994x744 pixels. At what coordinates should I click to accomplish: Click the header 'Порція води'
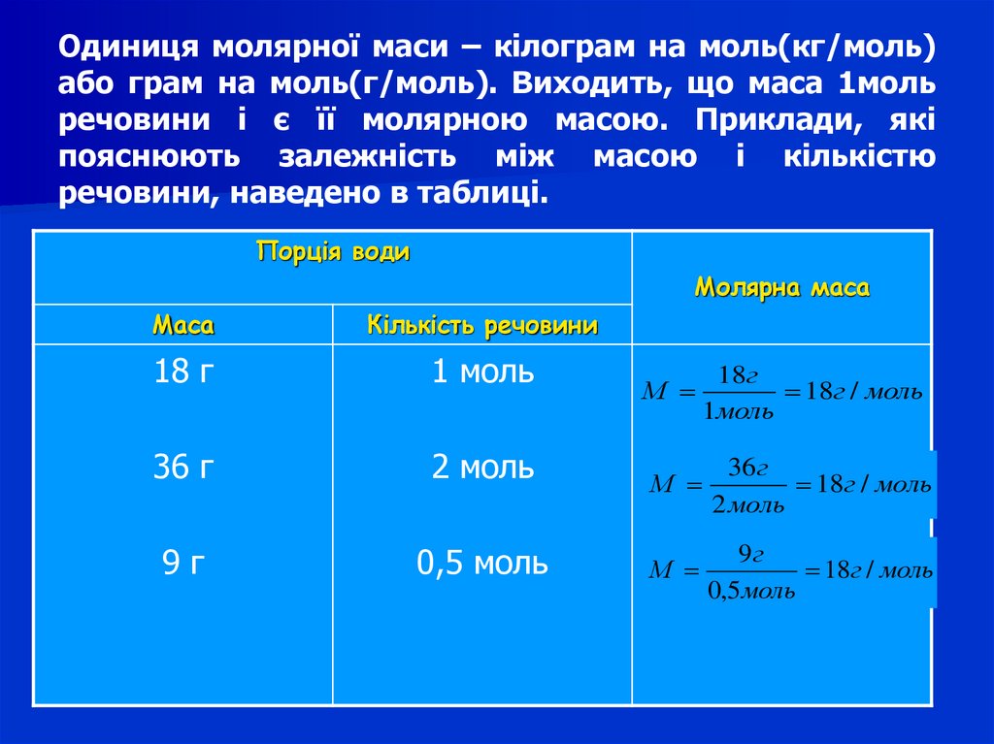point(333,253)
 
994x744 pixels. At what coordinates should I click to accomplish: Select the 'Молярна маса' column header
point(782,288)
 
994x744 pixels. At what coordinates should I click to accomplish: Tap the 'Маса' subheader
point(183,326)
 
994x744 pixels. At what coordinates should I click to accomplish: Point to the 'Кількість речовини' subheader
point(481,326)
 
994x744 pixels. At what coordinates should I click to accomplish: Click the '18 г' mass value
point(182,372)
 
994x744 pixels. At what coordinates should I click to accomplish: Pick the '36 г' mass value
point(182,468)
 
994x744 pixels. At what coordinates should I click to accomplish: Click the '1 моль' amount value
point(482,372)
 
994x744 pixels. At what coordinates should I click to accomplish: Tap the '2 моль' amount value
point(482,468)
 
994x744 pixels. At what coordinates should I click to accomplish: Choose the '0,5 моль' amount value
point(482,563)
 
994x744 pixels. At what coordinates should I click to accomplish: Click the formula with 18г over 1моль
point(782,393)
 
